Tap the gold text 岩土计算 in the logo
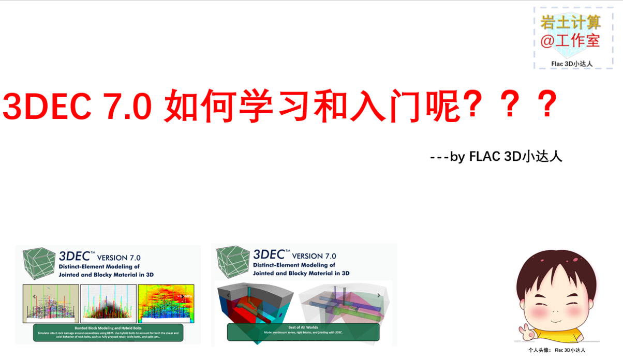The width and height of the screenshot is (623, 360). (571, 22)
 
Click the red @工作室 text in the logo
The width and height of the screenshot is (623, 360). (571, 41)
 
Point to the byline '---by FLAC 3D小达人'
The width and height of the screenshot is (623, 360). (496, 156)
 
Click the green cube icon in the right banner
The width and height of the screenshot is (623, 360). (233, 261)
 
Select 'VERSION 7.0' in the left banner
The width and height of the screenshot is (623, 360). (118, 257)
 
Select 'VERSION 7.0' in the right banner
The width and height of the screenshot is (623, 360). (314, 256)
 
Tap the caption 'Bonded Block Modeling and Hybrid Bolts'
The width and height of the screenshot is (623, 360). (108, 328)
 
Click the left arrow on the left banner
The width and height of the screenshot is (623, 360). (34, 296)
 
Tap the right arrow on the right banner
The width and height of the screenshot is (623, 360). (378, 295)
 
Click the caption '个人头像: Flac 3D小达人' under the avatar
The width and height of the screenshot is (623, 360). (556, 350)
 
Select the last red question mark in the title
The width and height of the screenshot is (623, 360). (547, 105)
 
